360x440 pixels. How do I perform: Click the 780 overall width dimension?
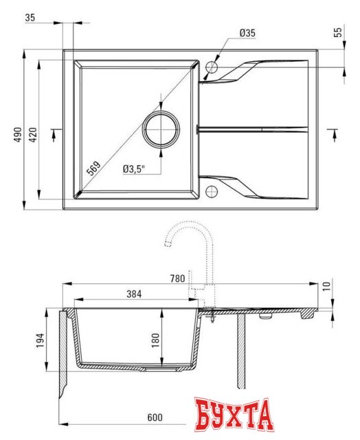[x=177, y=278]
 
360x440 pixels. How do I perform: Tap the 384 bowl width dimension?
[x=134, y=294]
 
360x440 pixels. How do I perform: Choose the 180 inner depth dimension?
[x=156, y=339]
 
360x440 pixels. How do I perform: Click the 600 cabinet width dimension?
[x=155, y=417]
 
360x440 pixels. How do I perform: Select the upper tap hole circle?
[x=212, y=67]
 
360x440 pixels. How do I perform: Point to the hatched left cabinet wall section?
[x=63, y=351]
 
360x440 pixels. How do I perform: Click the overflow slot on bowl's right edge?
[x=198, y=129]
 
